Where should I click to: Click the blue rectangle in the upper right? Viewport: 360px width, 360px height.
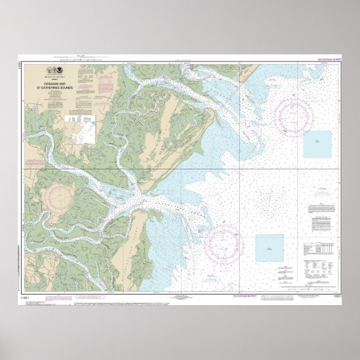pos(317,144)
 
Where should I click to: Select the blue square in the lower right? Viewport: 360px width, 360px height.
pos(269,248)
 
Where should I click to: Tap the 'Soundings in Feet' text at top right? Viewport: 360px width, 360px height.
pos(330,59)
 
